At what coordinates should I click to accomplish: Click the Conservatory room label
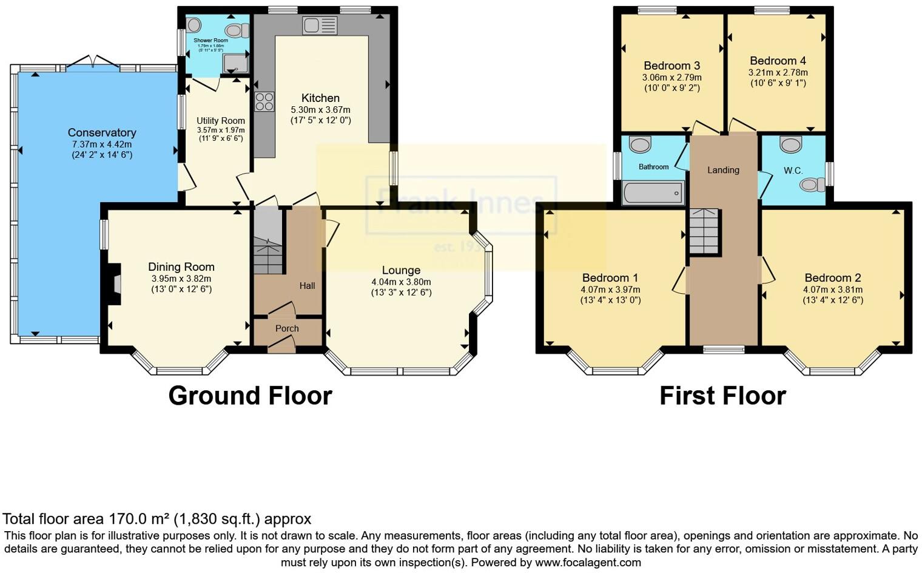point(101,132)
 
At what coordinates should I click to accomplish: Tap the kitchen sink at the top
point(320,25)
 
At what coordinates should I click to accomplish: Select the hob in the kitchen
point(264,101)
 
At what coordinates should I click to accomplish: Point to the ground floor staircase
point(268,242)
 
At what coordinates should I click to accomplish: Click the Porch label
point(287,328)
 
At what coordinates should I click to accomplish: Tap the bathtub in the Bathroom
point(653,193)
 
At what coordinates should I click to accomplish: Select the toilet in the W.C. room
point(811,185)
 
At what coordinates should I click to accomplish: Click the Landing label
point(723,170)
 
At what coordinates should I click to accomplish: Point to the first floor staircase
point(704,231)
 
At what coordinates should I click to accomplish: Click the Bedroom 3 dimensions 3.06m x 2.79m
point(671,78)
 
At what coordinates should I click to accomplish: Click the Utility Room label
point(221,121)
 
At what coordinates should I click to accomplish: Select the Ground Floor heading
point(250,396)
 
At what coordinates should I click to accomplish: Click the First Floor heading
point(722,396)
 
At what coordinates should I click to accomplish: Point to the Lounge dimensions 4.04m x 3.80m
point(401,282)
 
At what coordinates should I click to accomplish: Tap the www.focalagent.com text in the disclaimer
point(588,562)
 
